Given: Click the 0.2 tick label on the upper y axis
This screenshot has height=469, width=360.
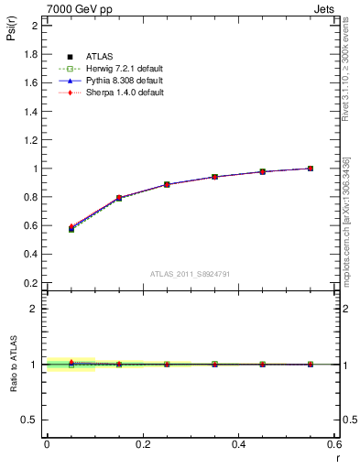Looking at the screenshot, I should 30,283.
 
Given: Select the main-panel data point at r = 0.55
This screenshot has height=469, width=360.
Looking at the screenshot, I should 311,169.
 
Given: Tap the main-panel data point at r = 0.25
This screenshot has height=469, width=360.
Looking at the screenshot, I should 167,184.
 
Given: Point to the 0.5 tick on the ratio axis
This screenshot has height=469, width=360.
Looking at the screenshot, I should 30,420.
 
